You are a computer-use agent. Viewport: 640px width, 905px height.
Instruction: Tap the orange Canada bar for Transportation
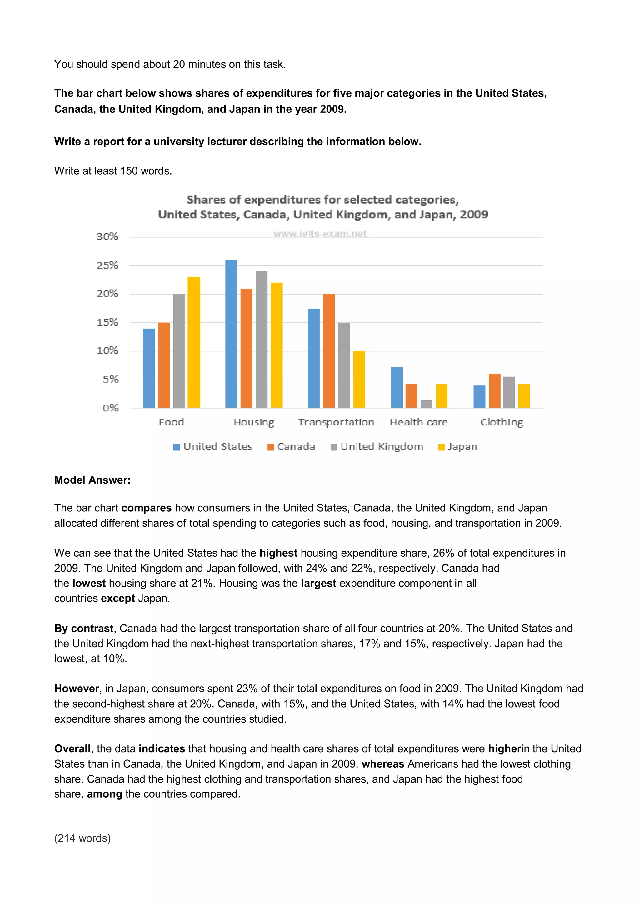(x=329, y=351)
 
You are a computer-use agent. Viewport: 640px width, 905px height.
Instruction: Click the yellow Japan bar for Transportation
(x=359, y=379)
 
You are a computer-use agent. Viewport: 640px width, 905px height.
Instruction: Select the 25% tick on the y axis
(x=107, y=265)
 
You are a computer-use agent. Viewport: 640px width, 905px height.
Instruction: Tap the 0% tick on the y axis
(x=110, y=408)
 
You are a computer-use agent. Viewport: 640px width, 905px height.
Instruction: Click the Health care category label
(x=419, y=422)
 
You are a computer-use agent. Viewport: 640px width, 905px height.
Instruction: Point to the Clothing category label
(x=502, y=422)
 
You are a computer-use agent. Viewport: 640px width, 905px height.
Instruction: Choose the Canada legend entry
(x=292, y=447)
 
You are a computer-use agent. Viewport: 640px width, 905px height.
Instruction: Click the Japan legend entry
(x=458, y=447)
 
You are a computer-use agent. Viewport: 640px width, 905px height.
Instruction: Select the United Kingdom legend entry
(x=377, y=447)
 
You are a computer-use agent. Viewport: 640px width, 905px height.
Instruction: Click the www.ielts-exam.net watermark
(x=320, y=234)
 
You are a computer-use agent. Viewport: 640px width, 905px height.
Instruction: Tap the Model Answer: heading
(x=92, y=480)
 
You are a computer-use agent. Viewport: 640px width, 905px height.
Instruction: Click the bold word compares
(x=146, y=508)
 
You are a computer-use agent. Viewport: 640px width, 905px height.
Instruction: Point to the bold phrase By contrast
(x=84, y=628)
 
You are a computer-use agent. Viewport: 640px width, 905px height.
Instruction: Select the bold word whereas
(x=382, y=764)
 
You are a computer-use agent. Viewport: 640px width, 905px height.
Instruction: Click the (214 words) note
(x=82, y=838)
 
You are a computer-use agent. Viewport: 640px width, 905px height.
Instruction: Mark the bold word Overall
(x=72, y=748)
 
